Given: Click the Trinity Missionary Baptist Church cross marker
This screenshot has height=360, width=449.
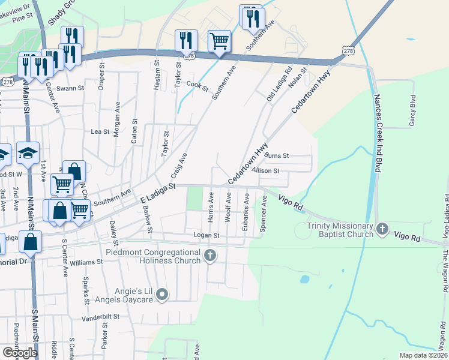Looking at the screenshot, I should click(382, 229).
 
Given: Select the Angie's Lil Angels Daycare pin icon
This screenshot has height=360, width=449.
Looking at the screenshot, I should click(162, 294).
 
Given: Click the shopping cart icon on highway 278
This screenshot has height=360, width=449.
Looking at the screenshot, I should click(219, 42).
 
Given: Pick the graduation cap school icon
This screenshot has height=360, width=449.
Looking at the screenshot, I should click(28, 154).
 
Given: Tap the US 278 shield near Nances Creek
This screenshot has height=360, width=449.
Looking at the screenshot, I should click(349, 52).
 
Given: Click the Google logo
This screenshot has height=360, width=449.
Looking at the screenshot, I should click(20, 353).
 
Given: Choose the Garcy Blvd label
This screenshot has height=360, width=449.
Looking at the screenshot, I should click(412, 110).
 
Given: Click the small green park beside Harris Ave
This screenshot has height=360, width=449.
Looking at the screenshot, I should click(194, 199).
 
